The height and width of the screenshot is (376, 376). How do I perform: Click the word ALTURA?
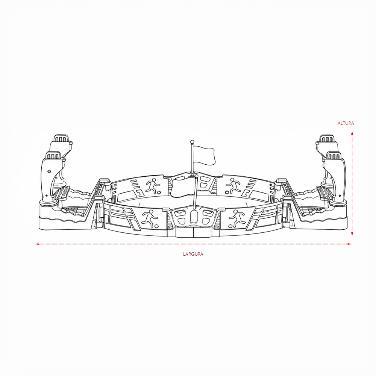(346, 123)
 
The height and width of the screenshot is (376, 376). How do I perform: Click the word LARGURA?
(193, 254)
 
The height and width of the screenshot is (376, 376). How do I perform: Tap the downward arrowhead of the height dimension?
(352, 234)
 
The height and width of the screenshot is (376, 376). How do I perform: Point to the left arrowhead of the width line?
(37, 244)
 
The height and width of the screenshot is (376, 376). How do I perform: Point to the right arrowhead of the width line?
(349, 244)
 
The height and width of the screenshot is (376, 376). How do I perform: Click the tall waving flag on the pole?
(204, 156)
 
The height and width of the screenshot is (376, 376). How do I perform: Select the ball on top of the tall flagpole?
(192, 141)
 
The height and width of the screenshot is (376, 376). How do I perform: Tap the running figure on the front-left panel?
(150, 218)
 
